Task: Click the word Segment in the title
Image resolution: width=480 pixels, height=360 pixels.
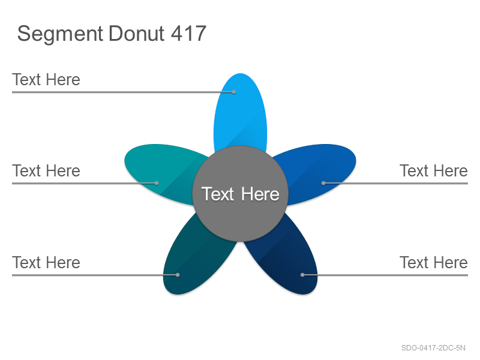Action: (60, 34)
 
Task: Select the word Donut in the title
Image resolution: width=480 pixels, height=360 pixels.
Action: (137, 34)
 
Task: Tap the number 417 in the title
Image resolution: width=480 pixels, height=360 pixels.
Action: (188, 34)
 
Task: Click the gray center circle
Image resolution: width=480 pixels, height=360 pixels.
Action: (241, 193)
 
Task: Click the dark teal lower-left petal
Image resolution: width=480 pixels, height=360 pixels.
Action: (193, 260)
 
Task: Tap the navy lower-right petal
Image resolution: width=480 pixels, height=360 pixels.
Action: (288, 260)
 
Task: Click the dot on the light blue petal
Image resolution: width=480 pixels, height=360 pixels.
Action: (234, 92)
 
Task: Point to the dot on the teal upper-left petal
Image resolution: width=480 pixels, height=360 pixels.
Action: (157, 183)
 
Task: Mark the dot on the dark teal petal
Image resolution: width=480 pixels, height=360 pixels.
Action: (178, 275)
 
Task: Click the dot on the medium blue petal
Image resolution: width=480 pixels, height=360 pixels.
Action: (323, 183)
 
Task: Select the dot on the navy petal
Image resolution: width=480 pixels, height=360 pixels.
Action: (302, 275)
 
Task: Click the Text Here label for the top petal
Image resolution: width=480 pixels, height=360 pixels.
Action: (46, 80)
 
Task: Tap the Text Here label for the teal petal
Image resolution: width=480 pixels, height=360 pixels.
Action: (46, 170)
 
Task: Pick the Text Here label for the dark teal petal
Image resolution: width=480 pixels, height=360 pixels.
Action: (46, 262)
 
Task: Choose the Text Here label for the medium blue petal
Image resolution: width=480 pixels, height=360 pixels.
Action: (434, 170)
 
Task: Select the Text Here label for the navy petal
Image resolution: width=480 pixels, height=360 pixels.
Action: (434, 262)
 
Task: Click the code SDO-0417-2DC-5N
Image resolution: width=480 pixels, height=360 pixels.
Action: (433, 348)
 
